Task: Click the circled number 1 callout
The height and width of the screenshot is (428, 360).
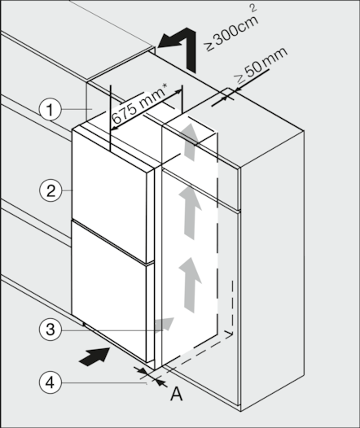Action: (x=50, y=110)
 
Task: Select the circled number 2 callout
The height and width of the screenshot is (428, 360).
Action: (x=50, y=190)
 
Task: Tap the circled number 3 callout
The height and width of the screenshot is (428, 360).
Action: (x=50, y=330)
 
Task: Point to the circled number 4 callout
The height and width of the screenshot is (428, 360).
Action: (x=50, y=382)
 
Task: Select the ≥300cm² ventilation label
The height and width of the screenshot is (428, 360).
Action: (x=231, y=31)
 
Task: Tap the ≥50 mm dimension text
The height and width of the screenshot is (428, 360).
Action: (x=261, y=66)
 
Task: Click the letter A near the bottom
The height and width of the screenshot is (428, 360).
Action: (x=177, y=394)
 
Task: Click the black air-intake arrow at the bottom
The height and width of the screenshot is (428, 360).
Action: (x=95, y=356)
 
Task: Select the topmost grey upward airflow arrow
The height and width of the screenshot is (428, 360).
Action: (x=191, y=142)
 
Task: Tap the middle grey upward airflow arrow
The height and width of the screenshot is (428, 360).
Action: (x=191, y=212)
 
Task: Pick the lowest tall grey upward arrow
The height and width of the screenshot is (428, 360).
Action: (x=191, y=285)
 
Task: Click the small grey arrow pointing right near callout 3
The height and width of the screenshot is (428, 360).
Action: (x=164, y=325)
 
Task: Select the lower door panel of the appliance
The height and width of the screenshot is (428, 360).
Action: (x=108, y=290)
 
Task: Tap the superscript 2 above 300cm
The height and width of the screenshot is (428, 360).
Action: (x=253, y=7)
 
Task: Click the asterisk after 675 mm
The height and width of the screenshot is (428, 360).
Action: (x=165, y=86)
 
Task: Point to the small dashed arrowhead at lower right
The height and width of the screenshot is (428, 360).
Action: (x=229, y=334)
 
